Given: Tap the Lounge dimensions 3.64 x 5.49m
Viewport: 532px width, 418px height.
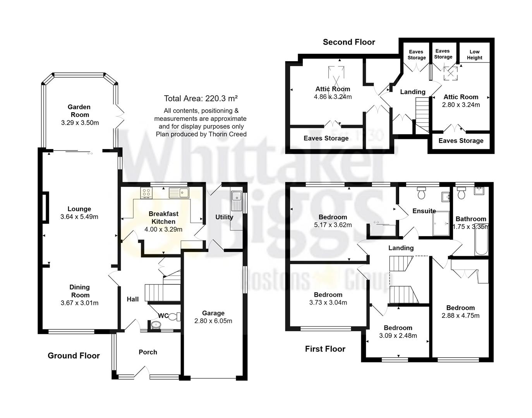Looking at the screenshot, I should [79, 217].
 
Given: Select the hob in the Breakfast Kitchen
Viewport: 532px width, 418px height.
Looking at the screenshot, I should [146, 193].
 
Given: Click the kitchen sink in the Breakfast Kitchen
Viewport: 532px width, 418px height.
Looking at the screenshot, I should [178, 192].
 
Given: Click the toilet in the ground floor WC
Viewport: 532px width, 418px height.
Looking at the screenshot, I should [175, 317].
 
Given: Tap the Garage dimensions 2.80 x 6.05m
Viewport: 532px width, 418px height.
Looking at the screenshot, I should [213, 321].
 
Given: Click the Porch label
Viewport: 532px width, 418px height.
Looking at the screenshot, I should [148, 352].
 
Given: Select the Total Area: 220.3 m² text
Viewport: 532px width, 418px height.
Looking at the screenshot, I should [201, 98].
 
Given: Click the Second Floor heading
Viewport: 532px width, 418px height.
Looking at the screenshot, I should [349, 42].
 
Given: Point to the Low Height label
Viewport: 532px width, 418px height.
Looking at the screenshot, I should [474, 55].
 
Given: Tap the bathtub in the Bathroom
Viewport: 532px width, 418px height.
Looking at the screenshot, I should [481, 240].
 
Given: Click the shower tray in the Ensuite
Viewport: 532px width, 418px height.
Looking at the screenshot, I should [441, 223].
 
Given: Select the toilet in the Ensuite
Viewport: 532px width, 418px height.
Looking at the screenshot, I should [421, 193].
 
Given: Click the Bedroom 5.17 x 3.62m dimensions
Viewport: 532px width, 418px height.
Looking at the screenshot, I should [333, 225].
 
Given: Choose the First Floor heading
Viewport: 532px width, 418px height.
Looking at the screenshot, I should [325, 349].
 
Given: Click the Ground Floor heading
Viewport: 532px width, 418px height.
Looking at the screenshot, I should [74, 356].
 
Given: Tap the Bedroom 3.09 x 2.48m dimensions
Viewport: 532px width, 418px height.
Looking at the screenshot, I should [398, 336].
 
